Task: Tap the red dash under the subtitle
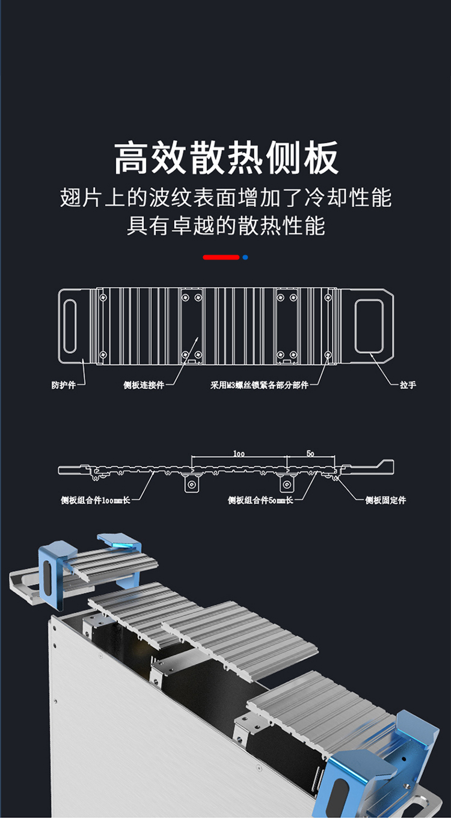[x=221, y=257]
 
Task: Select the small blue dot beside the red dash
[x=245, y=257]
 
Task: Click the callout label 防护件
[x=64, y=385]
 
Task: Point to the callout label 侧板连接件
[x=144, y=385]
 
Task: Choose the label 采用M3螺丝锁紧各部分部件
[x=259, y=385]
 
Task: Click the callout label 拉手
[x=408, y=385]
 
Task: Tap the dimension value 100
[x=239, y=453]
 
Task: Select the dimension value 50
[x=310, y=453]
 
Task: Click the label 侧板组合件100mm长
[x=95, y=500]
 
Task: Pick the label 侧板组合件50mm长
[x=260, y=500]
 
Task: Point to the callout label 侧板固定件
[x=385, y=500]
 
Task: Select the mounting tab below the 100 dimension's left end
[x=192, y=484]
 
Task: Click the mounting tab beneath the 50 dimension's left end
[x=287, y=484]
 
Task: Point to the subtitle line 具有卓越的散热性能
[x=226, y=226]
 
